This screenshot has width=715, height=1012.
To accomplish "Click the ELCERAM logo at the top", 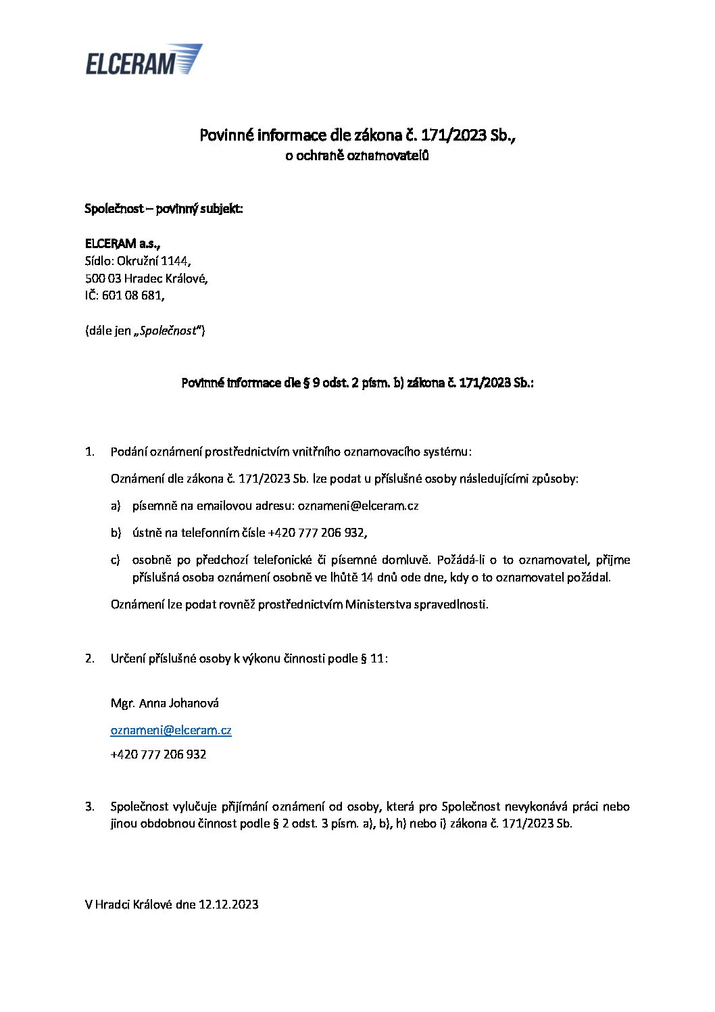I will tap(143, 59).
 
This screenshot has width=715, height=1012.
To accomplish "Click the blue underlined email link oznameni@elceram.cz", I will tap(171, 730).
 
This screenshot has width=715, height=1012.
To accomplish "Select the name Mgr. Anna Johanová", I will tap(165, 703).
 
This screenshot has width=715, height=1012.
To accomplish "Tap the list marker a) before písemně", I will tap(116, 506).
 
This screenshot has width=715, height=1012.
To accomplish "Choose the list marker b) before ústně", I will tap(116, 533).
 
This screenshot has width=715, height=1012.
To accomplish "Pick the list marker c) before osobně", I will tap(116, 560).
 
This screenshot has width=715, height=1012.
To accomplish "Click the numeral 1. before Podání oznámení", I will tap(90, 452).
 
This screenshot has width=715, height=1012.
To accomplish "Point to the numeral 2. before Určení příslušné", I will tap(90, 658).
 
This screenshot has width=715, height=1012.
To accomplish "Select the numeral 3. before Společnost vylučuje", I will tap(90, 806).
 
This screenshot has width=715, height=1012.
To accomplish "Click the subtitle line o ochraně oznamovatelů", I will tap(357, 156).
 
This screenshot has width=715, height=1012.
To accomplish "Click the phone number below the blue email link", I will tap(158, 754).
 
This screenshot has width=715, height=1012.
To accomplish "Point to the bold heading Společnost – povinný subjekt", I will tap(164, 208).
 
